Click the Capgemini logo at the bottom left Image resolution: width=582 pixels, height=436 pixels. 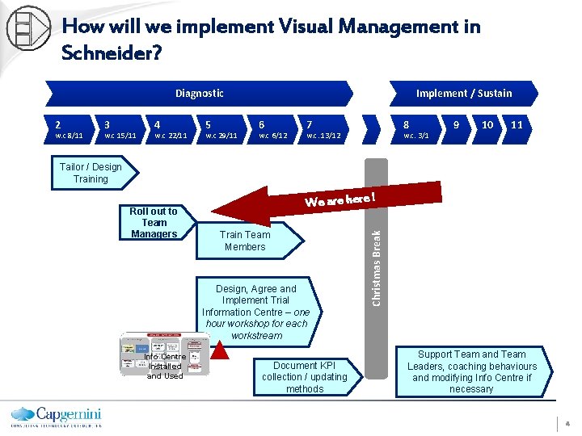[55, 415]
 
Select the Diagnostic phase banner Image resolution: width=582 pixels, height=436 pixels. [199, 93]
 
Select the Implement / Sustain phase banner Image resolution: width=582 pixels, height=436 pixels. [463, 93]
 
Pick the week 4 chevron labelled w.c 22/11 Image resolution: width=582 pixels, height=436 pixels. [170, 130]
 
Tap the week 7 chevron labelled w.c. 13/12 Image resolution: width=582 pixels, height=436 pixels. [323, 130]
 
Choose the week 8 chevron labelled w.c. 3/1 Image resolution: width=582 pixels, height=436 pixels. [416, 130]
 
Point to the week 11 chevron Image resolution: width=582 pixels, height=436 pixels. [517, 126]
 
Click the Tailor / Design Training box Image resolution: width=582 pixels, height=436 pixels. [91, 173]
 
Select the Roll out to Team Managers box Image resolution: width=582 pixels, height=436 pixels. [154, 223]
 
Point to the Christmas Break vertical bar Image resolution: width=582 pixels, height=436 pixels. [376, 266]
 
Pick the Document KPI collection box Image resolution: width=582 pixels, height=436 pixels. [304, 377]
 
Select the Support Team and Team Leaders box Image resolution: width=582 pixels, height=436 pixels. [471, 371]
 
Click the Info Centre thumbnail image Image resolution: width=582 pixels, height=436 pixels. [164, 354]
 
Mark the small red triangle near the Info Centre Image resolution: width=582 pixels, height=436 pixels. [221, 349]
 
